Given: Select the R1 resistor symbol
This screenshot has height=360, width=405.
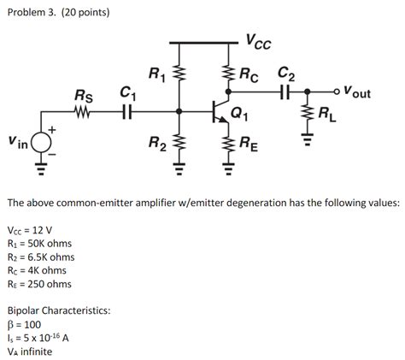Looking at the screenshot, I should pyautogui.click(x=179, y=78).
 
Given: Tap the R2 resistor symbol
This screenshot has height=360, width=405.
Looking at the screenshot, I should pyautogui.click(x=179, y=140).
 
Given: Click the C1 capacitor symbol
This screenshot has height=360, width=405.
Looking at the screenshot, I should pyautogui.click(x=127, y=110).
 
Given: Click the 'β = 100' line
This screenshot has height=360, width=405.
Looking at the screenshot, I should pyautogui.click(x=26, y=325).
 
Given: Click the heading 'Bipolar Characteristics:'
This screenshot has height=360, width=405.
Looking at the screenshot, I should pyautogui.click(x=59, y=311).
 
